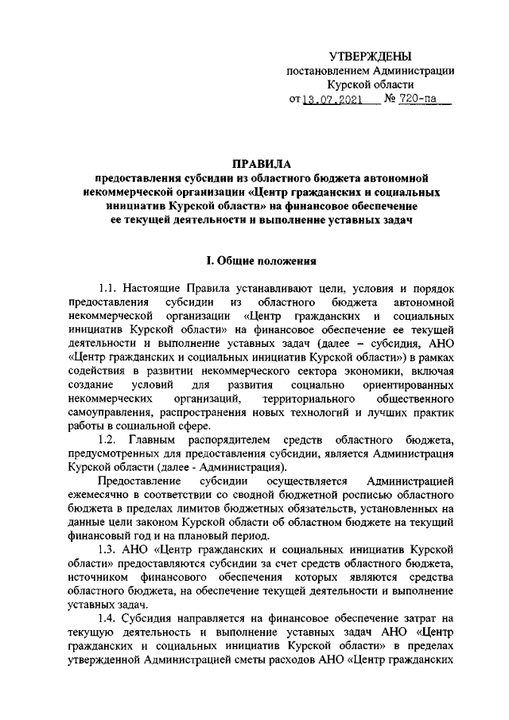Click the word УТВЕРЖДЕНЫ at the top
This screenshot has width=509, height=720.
pos(371,56)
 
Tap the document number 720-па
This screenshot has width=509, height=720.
pos(418,101)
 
